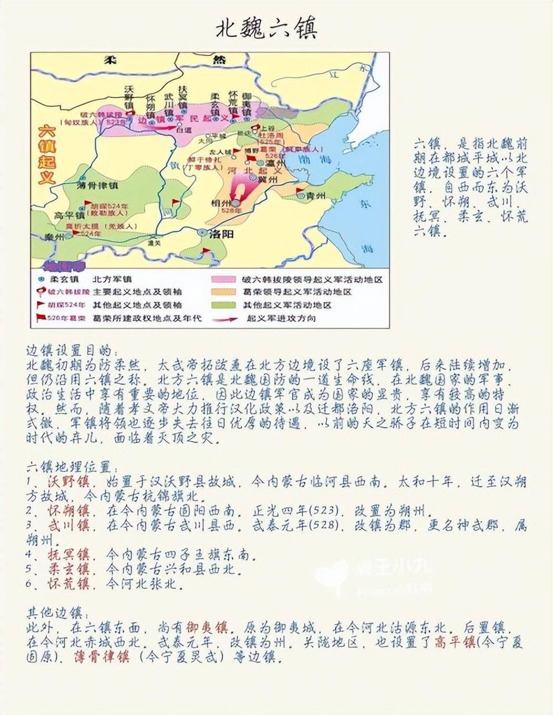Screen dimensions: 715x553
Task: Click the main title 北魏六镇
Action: [x=267, y=29]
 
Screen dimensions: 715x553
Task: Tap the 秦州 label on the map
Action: [x=55, y=237]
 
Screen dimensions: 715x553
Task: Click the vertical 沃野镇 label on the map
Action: [x=129, y=97]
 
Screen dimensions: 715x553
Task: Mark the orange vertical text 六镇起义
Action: [x=48, y=156]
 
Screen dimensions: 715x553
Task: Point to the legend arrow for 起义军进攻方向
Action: [x=223, y=319]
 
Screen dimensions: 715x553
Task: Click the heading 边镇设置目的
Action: [x=69, y=351]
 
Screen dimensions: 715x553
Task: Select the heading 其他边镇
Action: [x=54, y=613]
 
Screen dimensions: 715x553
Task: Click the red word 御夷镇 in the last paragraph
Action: [x=207, y=628]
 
